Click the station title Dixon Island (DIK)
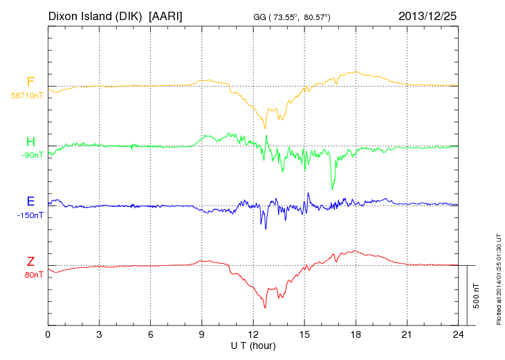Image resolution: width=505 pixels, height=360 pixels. [x=96, y=15]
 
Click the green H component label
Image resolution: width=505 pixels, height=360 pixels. [x=30, y=143]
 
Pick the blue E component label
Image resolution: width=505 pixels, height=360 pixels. [x=30, y=201]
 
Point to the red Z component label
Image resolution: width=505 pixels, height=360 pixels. [x=30, y=262]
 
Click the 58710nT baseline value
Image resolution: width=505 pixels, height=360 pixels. [x=26, y=96]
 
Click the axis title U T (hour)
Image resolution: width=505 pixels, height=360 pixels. [x=253, y=345]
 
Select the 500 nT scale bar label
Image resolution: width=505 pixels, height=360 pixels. [x=477, y=296]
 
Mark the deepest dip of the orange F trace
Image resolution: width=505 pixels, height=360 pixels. [x=265, y=127]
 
